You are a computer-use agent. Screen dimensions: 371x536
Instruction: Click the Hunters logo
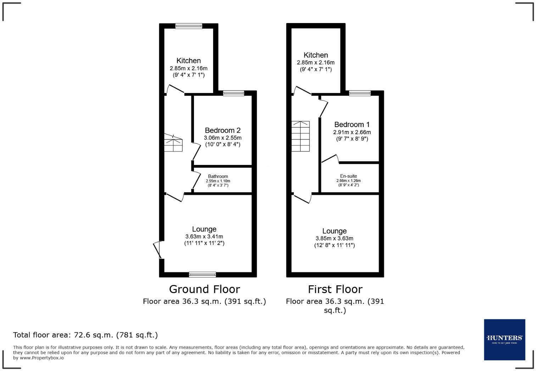pos(504,339)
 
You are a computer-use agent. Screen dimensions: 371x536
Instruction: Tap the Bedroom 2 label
pos(223,130)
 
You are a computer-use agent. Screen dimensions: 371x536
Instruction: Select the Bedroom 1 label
pos(352,125)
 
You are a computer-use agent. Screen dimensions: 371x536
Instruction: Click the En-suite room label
pos(348,176)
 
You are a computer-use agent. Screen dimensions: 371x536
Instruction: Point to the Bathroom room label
pos(218,176)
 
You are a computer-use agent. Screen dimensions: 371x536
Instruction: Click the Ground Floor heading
pos(204,289)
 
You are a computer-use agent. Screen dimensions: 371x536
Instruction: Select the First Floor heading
pos(335,289)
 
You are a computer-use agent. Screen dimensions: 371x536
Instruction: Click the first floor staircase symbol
pos(301,136)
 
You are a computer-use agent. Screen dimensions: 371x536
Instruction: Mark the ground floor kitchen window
pos(189,26)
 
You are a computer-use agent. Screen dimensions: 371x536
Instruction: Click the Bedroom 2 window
pos(234,93)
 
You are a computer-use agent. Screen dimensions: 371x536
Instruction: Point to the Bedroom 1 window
pos(360,93)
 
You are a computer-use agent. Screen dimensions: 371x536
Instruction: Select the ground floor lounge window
pos(202,274)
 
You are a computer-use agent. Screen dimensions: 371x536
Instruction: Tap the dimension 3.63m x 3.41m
pos(204,236)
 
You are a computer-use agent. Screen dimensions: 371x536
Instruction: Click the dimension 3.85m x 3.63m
pos(334,238)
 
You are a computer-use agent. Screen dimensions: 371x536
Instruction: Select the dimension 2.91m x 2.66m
pos(352,132)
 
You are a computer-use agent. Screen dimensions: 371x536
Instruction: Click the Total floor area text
pos(85,335)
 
